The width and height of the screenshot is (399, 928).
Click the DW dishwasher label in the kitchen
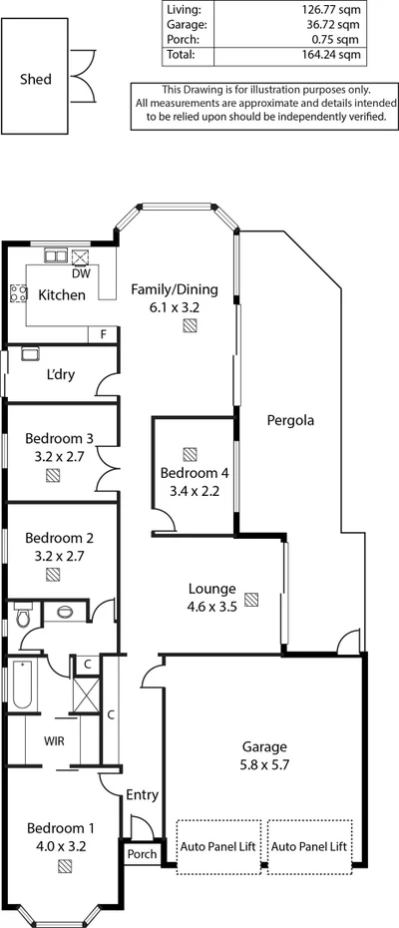[81, 272]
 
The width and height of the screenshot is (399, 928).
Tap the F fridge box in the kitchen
[102, 334]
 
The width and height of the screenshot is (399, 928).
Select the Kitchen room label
[61, 295]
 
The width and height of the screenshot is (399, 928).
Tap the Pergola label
[290, 420]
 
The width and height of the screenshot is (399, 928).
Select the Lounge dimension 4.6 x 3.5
[210, 607]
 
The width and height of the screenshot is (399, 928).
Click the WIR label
[54, 741]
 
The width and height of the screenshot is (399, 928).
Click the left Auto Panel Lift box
[219, 844]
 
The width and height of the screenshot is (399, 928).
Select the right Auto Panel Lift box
[309, 844]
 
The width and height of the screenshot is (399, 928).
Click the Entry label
[142, 795]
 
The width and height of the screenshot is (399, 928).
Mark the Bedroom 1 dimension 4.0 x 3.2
[60, 844]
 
